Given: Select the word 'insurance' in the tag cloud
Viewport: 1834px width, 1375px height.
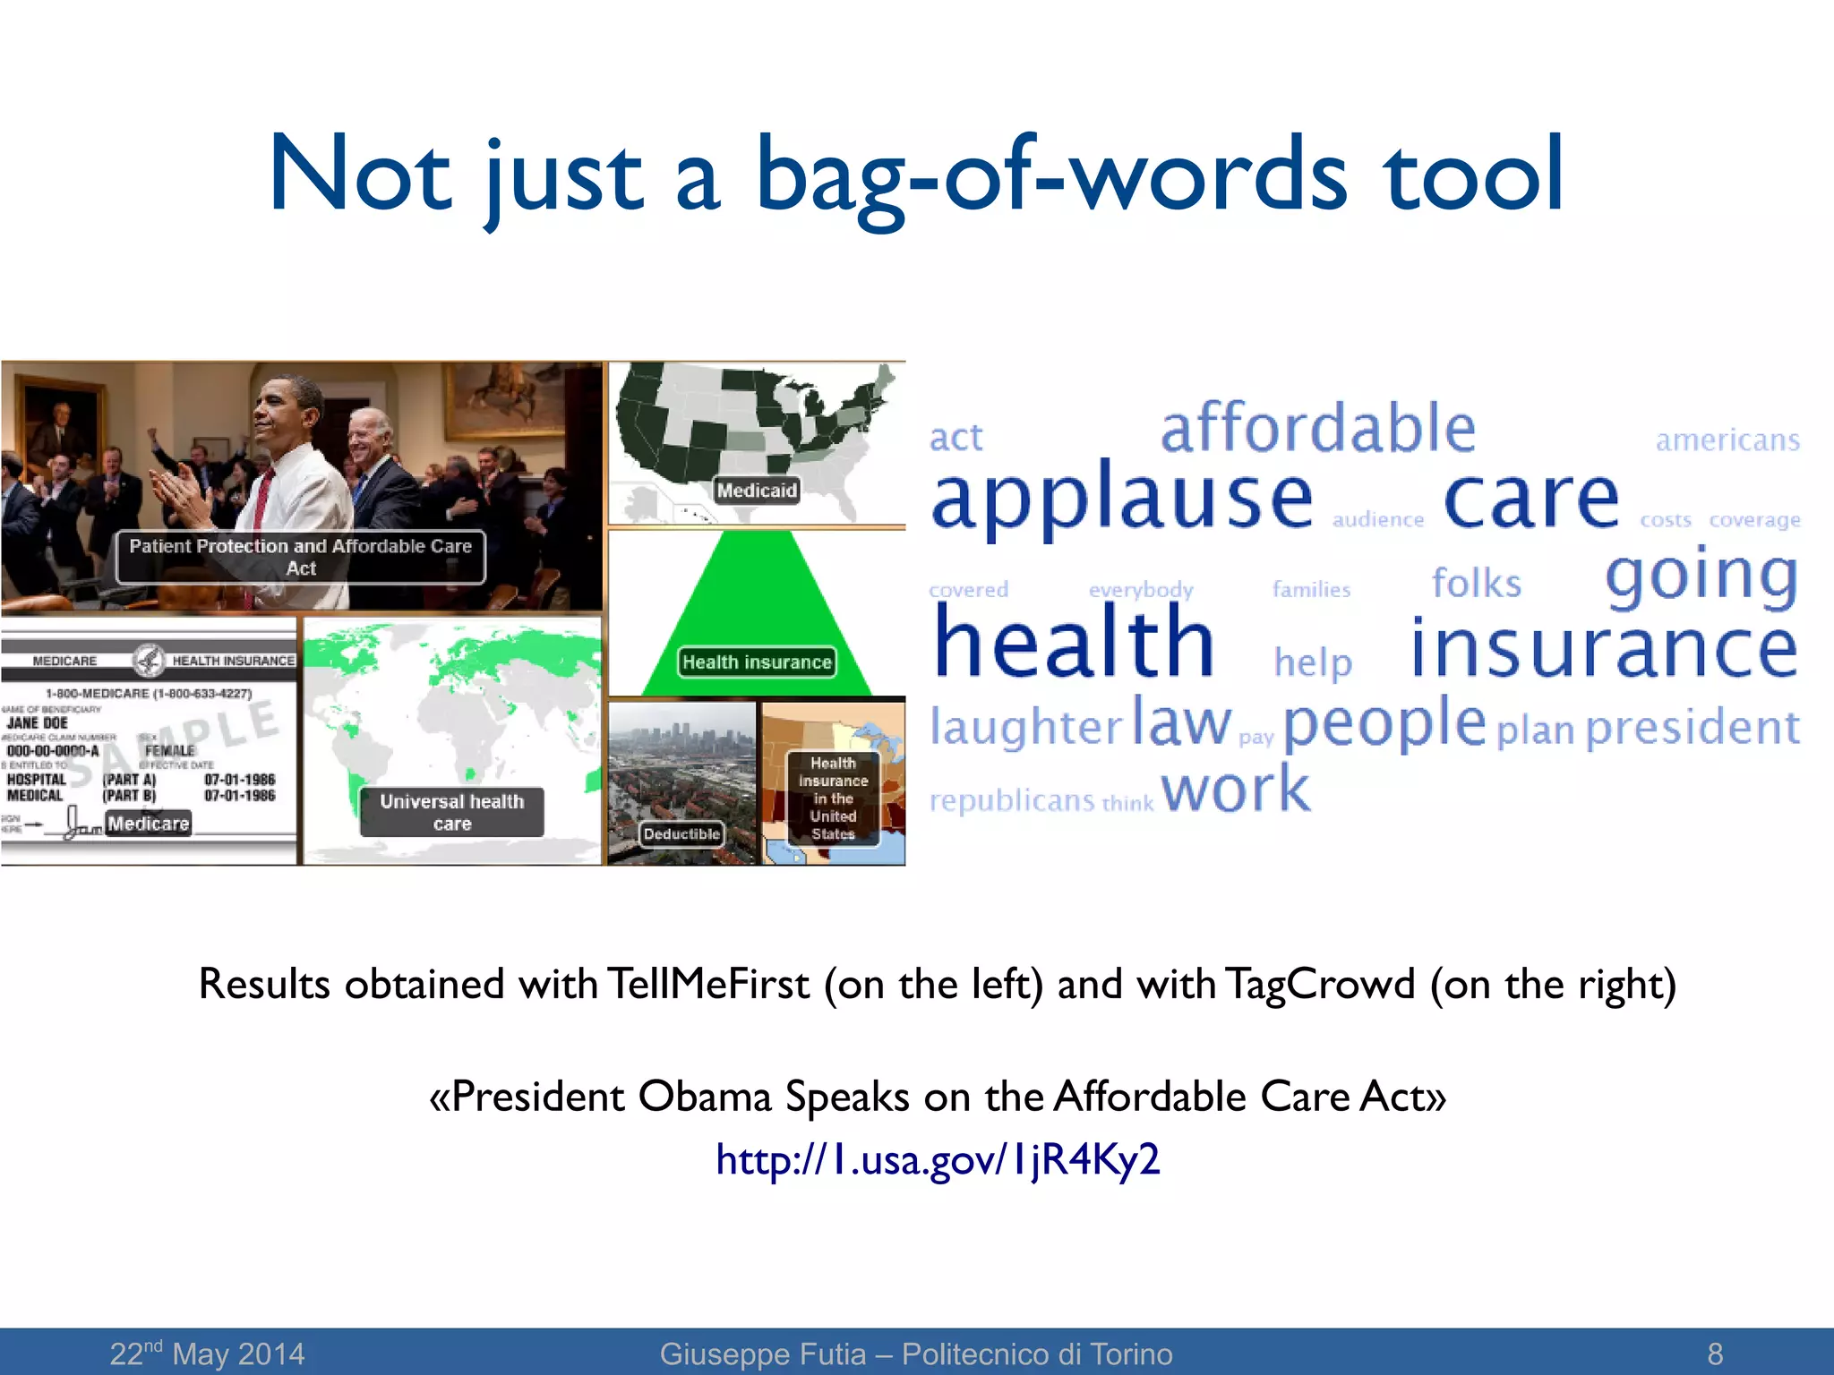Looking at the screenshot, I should click(x=1603, y=648).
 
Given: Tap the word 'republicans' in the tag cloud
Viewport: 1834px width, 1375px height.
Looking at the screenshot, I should click(x=1012, y=799).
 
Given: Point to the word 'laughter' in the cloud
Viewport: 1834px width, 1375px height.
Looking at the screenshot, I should click(x=1025, y=725).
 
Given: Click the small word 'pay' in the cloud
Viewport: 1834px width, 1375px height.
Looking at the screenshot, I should click(x=1256, y=738).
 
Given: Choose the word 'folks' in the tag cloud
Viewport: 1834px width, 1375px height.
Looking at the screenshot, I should click(x=1477, y=584).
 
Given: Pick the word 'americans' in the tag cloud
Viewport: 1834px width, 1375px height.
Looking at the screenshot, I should click(x=1727, y=440).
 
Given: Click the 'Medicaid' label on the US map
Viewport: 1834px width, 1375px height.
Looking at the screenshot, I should click(x=757, y=491).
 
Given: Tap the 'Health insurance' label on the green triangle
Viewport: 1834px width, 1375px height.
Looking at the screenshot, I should click(x=757, y=662).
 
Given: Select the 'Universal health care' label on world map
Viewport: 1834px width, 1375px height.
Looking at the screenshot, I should click(x=452, y=813).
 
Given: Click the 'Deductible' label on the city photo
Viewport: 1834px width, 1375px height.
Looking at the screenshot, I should click(x=681, y=834).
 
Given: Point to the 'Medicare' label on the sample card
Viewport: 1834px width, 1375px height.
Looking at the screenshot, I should click(x=149, y=824).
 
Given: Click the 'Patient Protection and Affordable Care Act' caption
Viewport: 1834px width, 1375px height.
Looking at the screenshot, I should click(x=301, y=557).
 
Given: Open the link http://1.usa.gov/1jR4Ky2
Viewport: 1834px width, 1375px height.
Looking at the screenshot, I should click(x=938, y=1160).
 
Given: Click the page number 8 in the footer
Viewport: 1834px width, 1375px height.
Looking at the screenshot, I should click(x=1715, y=1354).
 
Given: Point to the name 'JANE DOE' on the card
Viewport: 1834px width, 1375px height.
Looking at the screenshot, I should click(x=38, y=722).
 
